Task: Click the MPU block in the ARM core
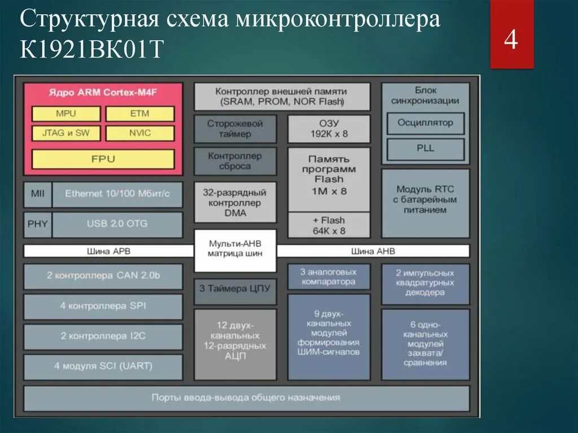[65, 113]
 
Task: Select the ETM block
[139, 113]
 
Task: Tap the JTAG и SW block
[65, 133]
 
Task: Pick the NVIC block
[139, 133]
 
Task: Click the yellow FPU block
[103, 159]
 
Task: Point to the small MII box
[37, 194]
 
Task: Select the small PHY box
[37, 224]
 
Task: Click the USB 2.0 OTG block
[117, 224]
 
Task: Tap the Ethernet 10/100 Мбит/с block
[117, 194]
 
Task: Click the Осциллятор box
[426, 123]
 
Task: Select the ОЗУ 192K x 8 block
[329, 129]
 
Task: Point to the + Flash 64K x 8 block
[329, 225]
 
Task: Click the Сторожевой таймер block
[235, 129]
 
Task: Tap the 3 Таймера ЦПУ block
[235, 288]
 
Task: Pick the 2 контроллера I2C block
[103, 336]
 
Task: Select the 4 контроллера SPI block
[103, 306]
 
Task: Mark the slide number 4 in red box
[511, 41]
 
